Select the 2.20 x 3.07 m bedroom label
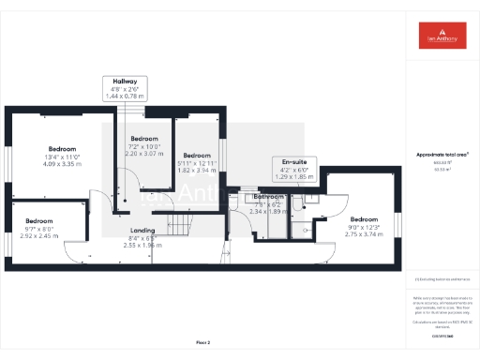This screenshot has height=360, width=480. click(x=143, y=146)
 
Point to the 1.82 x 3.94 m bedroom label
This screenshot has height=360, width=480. click(x=197, y=163)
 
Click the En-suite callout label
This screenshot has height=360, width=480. click(x=291, y=169)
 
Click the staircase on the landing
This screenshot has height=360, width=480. click(x=179, y=223)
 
